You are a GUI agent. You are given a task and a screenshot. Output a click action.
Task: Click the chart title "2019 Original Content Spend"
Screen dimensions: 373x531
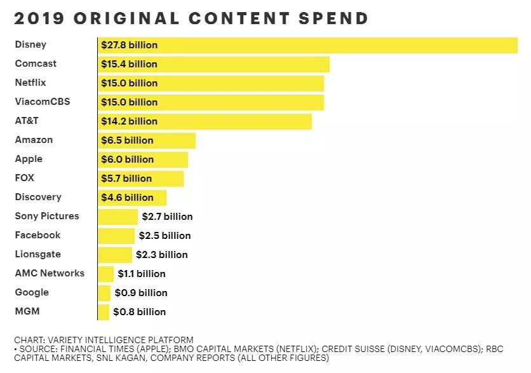191,18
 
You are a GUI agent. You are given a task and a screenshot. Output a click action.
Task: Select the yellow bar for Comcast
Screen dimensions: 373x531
254,64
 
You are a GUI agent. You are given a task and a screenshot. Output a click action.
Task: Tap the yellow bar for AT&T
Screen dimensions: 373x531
241,121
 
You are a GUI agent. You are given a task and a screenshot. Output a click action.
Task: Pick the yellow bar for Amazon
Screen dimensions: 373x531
175,140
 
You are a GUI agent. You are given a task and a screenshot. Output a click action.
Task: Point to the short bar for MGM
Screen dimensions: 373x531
104,312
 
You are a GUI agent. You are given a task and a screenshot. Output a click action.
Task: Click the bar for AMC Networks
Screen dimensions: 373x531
106,274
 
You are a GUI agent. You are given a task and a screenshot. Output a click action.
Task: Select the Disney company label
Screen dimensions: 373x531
30,44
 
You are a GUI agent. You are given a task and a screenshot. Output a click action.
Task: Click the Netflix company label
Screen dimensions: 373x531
30,83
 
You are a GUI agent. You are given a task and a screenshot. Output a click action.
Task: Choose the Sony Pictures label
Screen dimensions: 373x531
47,216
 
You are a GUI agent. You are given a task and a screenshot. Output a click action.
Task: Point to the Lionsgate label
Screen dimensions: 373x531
38,254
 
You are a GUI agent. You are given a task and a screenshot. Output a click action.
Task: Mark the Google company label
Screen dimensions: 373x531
32,292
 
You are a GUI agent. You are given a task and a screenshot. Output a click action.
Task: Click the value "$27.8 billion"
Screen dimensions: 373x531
129,45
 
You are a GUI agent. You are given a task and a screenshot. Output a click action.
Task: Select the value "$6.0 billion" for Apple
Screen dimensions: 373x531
127,159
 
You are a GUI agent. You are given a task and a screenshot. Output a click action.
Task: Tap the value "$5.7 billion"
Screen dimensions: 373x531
126,179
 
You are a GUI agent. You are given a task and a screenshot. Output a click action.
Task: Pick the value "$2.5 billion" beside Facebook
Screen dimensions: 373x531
165,236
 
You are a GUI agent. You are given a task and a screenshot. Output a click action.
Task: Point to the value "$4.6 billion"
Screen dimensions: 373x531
127,198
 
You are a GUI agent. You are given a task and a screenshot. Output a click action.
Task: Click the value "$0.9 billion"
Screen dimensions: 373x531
141,293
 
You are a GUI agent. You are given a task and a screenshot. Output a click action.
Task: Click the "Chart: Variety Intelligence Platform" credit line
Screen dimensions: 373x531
104,340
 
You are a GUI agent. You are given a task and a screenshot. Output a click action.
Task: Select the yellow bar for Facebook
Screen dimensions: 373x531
116,236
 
